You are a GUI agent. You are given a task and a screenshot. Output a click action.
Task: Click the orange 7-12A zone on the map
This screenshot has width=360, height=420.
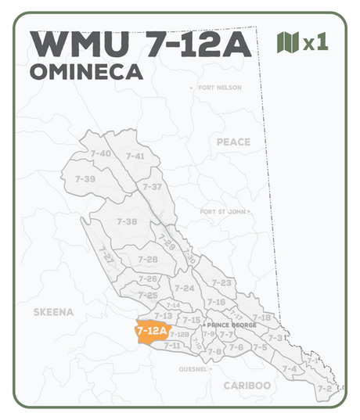pos(152,332)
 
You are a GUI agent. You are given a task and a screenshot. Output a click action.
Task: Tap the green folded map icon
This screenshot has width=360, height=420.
pos(288,42)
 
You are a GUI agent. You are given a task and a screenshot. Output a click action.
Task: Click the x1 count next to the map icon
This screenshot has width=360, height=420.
pos(315,43)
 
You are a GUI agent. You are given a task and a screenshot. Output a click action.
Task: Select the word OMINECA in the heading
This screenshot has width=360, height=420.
pos(85,72)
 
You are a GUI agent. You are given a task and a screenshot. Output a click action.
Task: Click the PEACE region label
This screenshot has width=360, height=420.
pos(233,142)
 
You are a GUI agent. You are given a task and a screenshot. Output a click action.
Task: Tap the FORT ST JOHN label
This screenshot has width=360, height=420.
pos(223,212)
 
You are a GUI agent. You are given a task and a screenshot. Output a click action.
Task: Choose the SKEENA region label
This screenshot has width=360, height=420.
pos(53,311)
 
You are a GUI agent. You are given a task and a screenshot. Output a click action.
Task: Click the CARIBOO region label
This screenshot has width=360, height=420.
pos(247,386)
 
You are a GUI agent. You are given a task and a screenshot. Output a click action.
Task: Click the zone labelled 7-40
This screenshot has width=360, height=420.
pos(100,153)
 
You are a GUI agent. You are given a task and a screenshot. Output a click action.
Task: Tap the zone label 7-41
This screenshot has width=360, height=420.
pos(135,156)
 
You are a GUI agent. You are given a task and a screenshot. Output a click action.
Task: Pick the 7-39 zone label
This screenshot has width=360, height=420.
pos(85,179)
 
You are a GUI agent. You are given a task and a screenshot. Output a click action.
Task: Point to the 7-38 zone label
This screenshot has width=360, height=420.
pos(127,222)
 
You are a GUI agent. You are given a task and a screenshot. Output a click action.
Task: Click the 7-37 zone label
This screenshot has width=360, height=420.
pos(152,187)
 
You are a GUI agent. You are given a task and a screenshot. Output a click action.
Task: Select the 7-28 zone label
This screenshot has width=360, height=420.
pos(147,259)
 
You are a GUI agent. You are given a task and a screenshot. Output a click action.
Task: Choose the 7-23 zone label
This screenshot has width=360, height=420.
pos(221,282)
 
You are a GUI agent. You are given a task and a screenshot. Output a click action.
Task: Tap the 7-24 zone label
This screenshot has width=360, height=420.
pos(185,289)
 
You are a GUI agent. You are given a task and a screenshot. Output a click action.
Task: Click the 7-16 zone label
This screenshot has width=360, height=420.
pos(216,302)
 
